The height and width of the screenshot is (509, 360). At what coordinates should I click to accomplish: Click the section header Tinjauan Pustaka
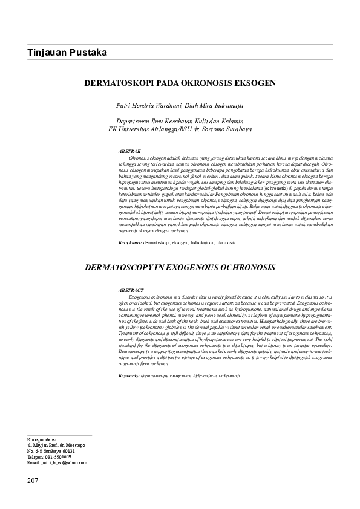coord(67,53)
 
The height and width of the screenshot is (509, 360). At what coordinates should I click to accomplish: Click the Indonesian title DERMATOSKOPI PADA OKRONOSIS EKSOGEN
coord(180,82)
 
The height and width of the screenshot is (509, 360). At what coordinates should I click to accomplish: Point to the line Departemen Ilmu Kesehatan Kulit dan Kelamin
coord(180,121)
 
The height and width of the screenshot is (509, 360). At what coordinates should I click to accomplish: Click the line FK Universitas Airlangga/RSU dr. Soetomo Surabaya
coord(180,129)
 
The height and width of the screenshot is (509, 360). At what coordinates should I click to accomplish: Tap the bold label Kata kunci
coord(129,242)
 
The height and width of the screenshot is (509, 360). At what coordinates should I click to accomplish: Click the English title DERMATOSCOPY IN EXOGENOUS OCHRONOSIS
coord(180,267)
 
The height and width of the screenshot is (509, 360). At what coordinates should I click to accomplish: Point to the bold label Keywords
coord(129,375)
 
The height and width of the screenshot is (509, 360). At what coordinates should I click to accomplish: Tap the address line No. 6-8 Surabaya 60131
coord(51,451)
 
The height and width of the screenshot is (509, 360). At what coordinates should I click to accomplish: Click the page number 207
coord(33,481)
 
